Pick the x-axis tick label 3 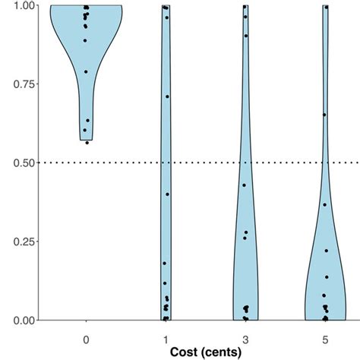(x=245, y=336)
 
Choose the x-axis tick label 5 (x=325, y=336)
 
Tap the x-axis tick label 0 (x=86, y=336)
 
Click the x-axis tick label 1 (x=166, y=336)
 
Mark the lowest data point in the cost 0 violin (x=87, y=142)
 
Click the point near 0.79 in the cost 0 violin (x=86, y=72)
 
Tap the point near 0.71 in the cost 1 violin (x=167, y=96)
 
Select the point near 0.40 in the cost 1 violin (x=167, y=194)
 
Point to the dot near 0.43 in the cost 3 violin (x=244, y=185)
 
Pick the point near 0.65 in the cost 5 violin (x=324, y=115)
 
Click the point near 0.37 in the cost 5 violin (x=324, y=204)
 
